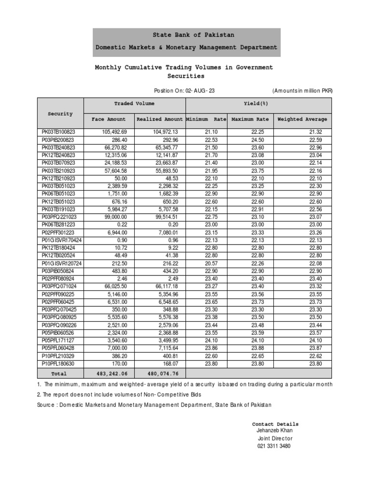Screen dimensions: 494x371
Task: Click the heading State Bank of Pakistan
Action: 186,35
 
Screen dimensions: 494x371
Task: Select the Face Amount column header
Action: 108,119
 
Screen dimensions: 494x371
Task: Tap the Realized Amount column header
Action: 160,119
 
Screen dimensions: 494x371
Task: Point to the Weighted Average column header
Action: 302,119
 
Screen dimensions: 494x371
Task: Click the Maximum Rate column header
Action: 250,119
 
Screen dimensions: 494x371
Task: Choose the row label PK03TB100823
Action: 55,132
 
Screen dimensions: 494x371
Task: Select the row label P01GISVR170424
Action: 61,240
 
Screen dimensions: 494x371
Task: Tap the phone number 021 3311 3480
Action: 274,446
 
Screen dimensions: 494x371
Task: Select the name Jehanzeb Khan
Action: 274,430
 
